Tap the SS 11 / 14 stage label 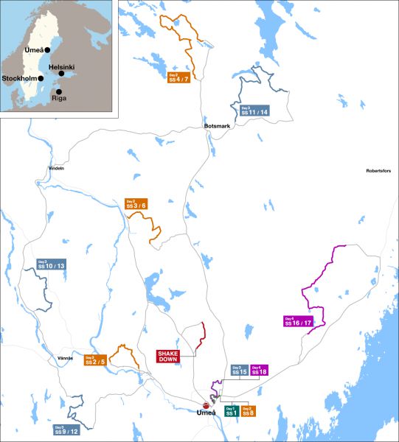[x=254, y=110]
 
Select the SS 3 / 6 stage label [x=136, y=204]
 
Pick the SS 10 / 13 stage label [x=51, y=264]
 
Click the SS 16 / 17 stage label [x=298, y=321]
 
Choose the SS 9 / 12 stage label [x=65, y=429]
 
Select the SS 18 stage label [x=259, y=370]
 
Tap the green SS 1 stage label [x=231, y=411]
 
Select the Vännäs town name [x=66, y=357]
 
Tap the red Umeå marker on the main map [x=207, y=404]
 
